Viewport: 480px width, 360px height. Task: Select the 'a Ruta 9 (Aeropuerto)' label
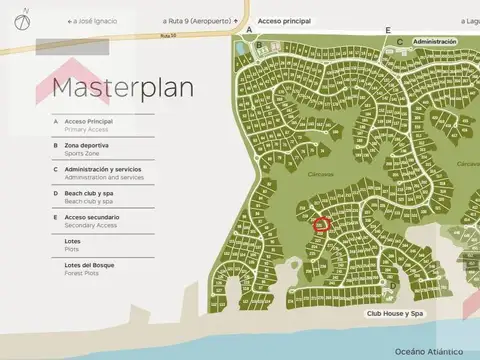(x=199, y=20)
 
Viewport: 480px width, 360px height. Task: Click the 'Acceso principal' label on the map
(x=284, y=20)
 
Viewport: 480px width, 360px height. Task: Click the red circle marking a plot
(x=321, y=224)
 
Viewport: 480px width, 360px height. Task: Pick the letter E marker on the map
(x=388, y=31)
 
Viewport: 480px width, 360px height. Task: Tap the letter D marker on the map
(x=393, y=285)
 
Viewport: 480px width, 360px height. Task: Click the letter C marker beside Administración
(x=400, y=42)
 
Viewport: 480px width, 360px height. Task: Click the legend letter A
(x=56, y=122)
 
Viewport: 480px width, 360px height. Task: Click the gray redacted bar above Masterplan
(x=72, y=46)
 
